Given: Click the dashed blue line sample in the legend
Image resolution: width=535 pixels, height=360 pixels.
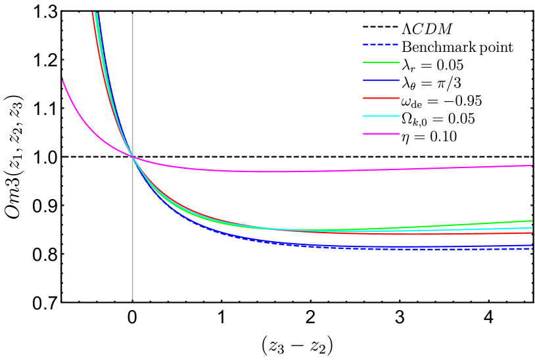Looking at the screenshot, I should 381,45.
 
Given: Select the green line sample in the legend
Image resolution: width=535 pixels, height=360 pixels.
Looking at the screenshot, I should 381,62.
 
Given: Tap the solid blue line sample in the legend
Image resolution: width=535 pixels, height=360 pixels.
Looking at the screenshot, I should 381,80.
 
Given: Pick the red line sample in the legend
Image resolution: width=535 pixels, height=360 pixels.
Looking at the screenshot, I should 381,98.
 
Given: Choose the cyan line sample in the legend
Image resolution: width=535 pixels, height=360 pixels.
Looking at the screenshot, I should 381,116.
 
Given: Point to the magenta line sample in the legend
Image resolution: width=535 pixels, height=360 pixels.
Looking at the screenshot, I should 381,133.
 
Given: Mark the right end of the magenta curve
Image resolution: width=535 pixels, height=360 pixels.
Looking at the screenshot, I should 532,166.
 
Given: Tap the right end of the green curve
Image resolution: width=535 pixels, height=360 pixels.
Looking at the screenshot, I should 532,221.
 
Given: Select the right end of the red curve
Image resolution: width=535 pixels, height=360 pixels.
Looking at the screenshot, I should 532,233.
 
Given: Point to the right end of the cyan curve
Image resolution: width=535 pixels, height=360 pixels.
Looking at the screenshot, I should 532,227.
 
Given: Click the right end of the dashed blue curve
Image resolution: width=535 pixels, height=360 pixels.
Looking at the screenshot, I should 532,249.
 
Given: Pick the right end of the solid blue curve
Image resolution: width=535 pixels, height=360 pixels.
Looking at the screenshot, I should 532,245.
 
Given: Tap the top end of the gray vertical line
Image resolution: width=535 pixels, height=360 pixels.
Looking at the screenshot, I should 132,14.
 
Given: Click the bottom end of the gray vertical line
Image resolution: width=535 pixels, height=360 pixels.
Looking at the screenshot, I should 132,299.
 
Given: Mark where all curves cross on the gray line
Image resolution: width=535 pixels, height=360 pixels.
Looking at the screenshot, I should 132,156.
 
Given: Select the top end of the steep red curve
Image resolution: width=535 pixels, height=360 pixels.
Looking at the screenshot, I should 93,13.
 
